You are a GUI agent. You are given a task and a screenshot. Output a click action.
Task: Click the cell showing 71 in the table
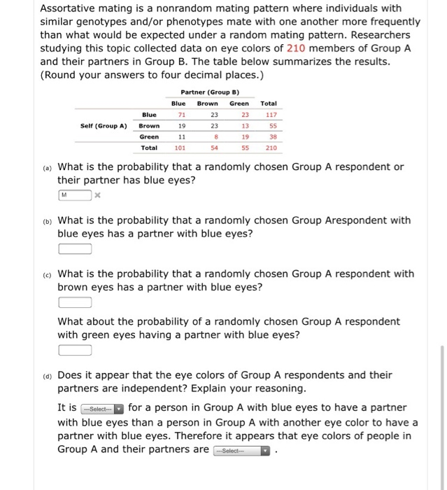click(x=181, y=114)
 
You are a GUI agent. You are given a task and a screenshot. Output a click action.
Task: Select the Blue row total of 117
click(x=272, y=114)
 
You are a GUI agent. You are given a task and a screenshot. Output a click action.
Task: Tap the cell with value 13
click(x=244, y=125)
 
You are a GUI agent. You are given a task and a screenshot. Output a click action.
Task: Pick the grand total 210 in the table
click(x=272, y=148)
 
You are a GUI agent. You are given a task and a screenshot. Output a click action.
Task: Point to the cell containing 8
click(x=215, y=136)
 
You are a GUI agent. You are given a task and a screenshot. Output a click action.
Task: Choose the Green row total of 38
click(x=272, y=136)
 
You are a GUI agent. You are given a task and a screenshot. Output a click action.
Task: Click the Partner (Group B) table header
click(x=210, y=92)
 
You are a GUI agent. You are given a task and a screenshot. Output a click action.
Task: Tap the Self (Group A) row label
click(x=103, y=125)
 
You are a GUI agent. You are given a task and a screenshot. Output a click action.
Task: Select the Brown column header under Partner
click(x=207, y=103)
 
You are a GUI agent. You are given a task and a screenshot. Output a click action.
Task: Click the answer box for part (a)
click(x=75, y=195)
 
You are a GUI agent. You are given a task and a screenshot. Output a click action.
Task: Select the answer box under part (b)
click(x=75, y=248)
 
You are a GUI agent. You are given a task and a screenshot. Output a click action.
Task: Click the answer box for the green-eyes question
click(x=75, y=350)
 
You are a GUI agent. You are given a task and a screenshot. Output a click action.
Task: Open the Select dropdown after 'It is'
click(x=102, y=408)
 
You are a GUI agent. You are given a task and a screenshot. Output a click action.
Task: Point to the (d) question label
click(x=46, y=375)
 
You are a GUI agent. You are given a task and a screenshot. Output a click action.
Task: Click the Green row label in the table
click(x=148, y=136)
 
